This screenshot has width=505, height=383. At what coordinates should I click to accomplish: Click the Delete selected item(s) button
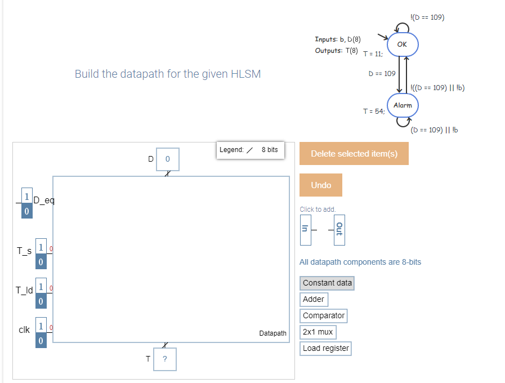[x=354, y=154]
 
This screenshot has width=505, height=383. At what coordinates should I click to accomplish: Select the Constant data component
[x=327, y=283]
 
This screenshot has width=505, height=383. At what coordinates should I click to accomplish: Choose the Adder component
[x=313, y=299]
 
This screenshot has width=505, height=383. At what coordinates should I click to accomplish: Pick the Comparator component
[x=324, y=316]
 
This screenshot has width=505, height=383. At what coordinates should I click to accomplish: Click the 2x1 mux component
[x=318, y=332]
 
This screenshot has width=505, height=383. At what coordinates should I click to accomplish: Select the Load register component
[x=325, y=348]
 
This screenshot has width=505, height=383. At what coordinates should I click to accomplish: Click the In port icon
[x=305, y=229]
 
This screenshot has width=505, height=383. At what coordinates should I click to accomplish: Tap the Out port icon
[x=339, y=229]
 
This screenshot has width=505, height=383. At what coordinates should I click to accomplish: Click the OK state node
[x=402, y=44]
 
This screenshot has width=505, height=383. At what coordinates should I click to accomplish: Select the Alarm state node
[x=402, y=105]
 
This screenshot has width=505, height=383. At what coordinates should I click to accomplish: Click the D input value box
[x=167, y=159]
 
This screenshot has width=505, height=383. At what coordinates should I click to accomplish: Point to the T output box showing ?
[x=165, y=359]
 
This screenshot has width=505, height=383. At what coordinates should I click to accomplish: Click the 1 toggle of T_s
[x=41, y=247]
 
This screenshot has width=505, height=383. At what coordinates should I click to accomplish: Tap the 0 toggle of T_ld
[x=41, y=301]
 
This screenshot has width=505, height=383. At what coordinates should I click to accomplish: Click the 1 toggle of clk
[x=41, y=326]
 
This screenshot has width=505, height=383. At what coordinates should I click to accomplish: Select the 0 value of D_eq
[x=26, y=211]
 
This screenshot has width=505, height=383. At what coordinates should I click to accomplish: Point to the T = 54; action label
[x=374, y=112]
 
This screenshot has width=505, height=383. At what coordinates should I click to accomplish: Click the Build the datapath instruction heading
[x=168, y=74]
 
